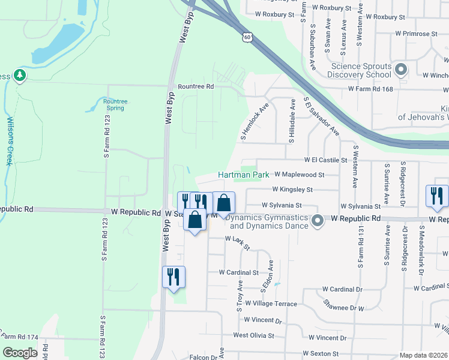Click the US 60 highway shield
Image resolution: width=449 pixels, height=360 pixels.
[247, 38]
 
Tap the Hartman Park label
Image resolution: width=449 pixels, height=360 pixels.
[243, 174]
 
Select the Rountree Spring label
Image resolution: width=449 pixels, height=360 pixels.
[115, 105]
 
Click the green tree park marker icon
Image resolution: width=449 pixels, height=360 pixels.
[20, 76]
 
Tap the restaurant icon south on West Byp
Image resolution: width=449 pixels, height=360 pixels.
[173, 277]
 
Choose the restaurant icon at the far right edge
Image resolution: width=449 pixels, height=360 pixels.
[436, 196]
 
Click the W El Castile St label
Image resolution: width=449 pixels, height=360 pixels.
[326, 160]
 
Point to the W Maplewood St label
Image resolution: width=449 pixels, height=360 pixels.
[299, 175]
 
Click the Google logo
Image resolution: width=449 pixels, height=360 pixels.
[20, 353]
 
